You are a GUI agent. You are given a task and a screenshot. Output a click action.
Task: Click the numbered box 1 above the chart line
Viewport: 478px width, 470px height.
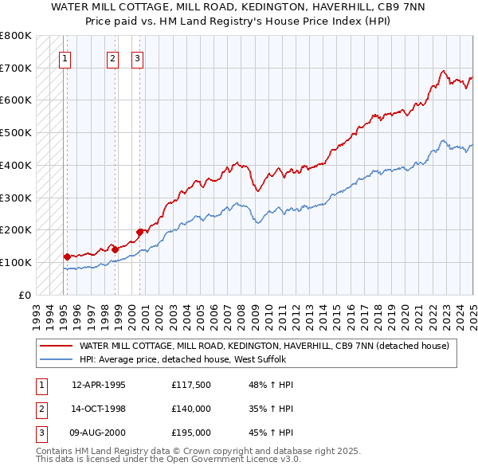pyautogui.click(x=64, y=57)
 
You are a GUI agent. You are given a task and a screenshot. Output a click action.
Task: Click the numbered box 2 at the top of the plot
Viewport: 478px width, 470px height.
pyautogui.click(x=112, y=57)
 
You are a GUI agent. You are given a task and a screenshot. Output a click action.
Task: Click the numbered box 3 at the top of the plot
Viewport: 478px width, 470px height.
pyautogui.click(x=137, y=57)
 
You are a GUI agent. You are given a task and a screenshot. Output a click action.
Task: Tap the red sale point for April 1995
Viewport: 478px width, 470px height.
pyautogui.click(x=67, y=257)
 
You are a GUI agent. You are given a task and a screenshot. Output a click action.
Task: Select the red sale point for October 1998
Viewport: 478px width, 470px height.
pyautogui.click(x=116, y=249)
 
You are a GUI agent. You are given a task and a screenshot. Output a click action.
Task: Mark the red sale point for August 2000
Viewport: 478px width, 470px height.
pyautogui.click(x=140, y=232)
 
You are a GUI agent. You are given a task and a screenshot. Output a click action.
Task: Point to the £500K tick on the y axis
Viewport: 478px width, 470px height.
pyautogui.click(x=16, y=132)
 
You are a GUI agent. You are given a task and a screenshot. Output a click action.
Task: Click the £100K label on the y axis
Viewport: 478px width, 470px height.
pyautogui.click(x=16, y=262)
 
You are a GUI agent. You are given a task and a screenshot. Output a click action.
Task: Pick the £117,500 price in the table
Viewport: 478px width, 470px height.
pyautogui.click(x=190, y=385)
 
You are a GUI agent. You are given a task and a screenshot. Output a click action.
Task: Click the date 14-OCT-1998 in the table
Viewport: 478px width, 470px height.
pyautogui.click(x=99, y=409)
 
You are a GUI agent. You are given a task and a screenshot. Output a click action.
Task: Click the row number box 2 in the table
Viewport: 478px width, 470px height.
pyautogui.click(x=39, y=409)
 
